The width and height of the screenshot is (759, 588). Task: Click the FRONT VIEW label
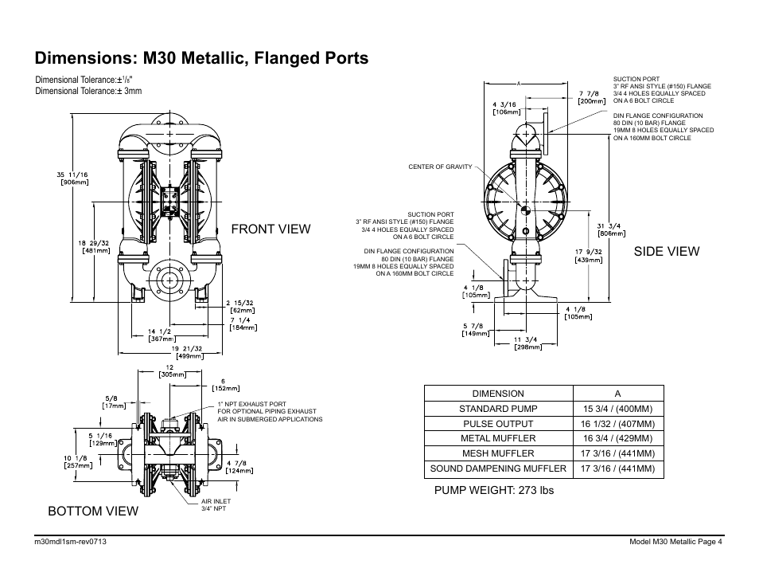coord(270,229)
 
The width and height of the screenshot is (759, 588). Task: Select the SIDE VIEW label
coord(667,251)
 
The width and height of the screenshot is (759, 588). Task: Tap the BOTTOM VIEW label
coord(92,511)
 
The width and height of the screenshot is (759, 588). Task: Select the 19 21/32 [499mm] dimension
coord(188,352)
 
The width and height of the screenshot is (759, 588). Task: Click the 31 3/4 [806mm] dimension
coord(610,229)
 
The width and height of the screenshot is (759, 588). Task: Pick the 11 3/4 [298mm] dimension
coord(527,343)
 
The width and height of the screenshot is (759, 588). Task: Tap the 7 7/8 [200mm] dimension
coord(591,97)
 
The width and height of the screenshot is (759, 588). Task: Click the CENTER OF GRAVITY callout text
coord(439,167)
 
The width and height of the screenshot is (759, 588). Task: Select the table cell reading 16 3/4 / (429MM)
coord(617,438)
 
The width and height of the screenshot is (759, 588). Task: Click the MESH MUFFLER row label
coord(498,453)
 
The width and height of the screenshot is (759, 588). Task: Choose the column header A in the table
coord(617,394)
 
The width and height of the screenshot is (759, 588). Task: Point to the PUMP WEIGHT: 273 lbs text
coord(493,490)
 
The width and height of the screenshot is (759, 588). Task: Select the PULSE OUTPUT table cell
coord(498,424)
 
